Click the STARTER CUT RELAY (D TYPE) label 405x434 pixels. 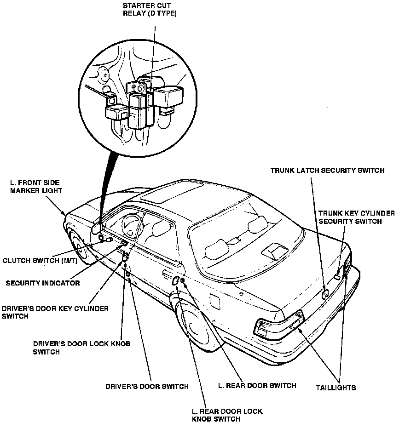point(150,9)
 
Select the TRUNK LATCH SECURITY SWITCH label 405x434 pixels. point(327,171)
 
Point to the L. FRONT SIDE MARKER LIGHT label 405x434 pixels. point(35,187)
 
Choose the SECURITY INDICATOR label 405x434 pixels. point(42,283)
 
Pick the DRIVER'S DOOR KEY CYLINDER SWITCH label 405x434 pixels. point(55,313)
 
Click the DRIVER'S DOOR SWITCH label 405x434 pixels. point(147,387)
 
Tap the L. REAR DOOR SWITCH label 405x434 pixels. point(257,385)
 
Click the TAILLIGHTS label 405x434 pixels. point(336,388)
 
